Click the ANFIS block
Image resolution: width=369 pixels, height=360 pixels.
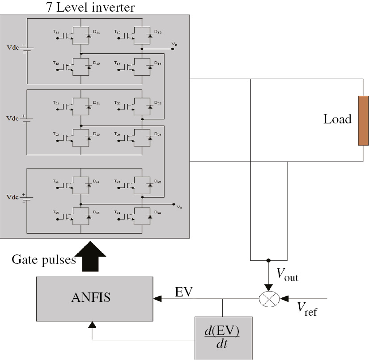tap(94, 298)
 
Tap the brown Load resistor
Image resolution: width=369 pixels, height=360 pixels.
tap(363, 121)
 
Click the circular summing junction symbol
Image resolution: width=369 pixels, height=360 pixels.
tap(268, 298)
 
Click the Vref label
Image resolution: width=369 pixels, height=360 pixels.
tap(307, 309)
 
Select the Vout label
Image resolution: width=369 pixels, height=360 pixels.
tap(286, 276)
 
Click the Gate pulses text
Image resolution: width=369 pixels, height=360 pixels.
tap(43, 260)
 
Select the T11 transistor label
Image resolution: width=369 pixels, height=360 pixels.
tap(55, 32)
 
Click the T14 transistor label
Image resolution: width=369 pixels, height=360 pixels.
tap(117, 64)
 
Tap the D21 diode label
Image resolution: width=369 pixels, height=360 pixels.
tap(96, 103)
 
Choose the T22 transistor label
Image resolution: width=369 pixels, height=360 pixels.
tap(117, 103)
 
